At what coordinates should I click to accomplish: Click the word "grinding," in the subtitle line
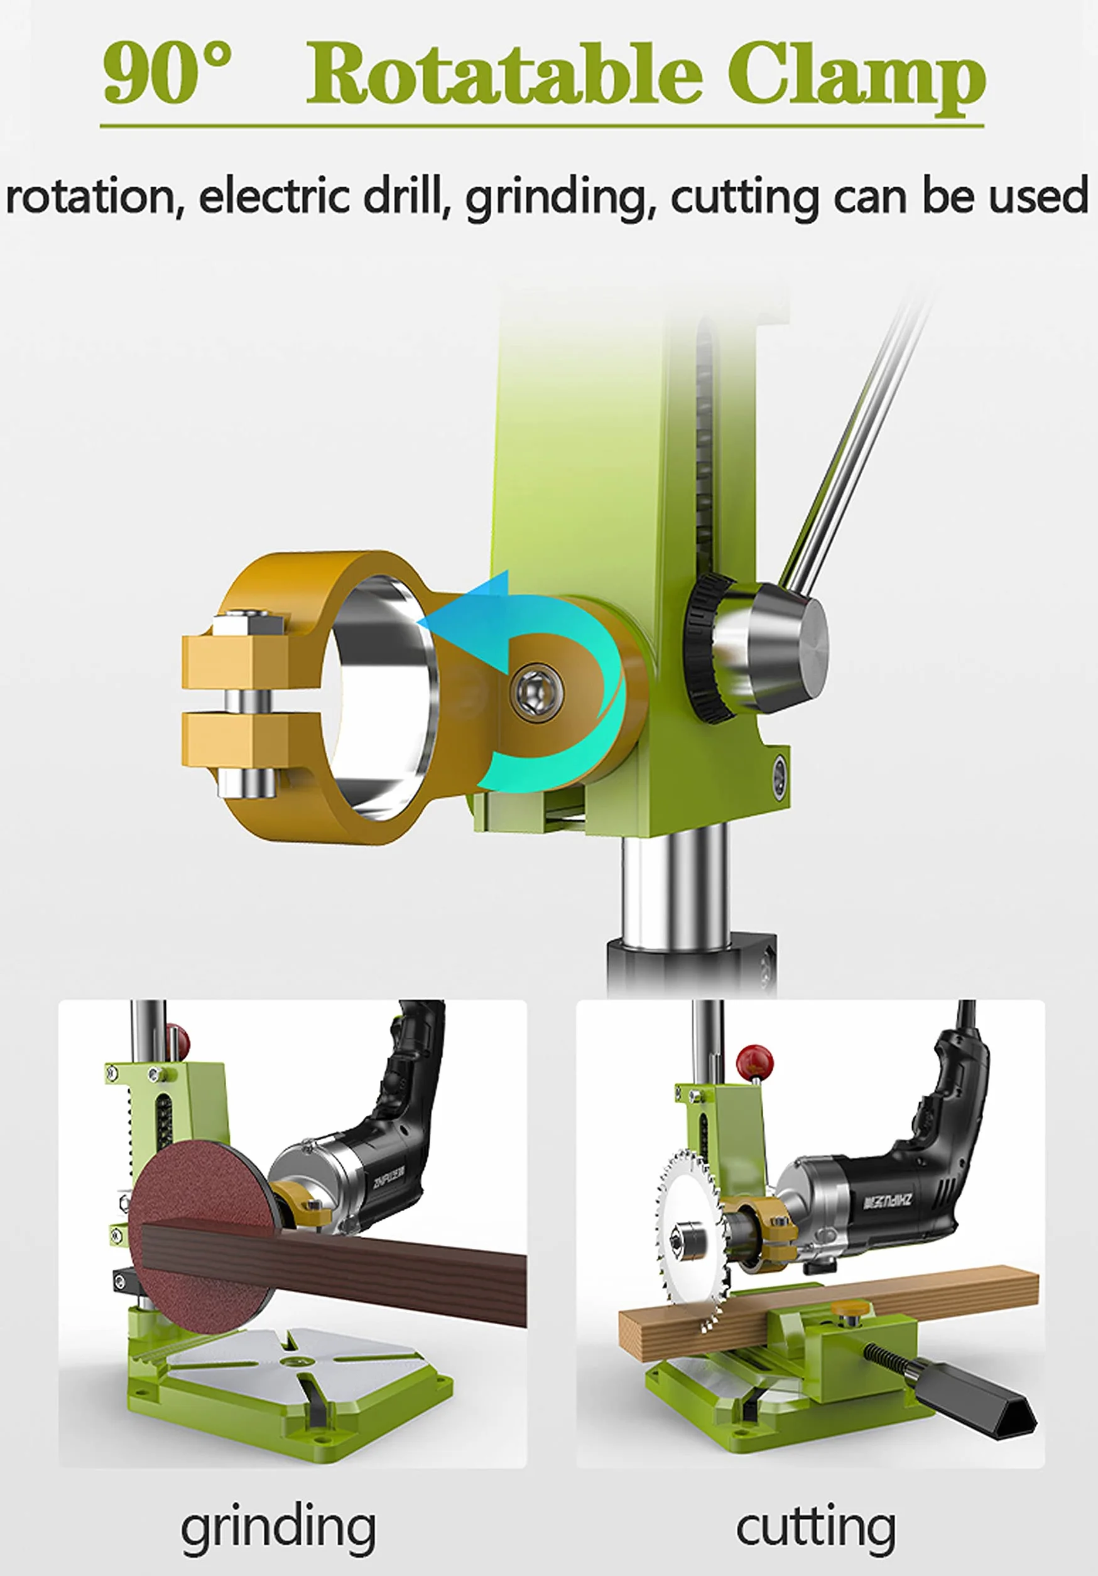[557, 198]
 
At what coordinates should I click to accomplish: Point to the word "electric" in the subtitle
[276, 196]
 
